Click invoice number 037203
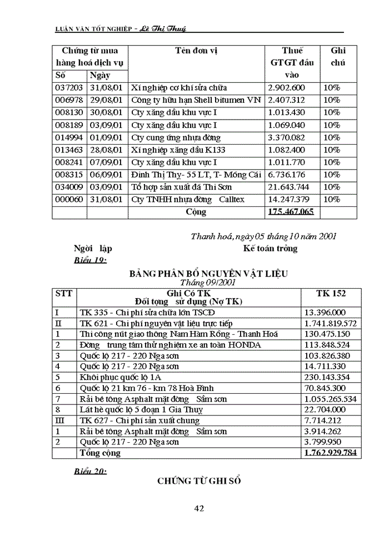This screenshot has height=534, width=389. tap(69, 88)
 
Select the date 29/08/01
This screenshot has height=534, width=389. tap(107, 100)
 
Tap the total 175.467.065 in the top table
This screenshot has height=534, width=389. tap(291, 212)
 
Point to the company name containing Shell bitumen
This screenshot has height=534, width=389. tap(195, 100)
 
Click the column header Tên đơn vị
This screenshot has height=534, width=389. tap(196, 51)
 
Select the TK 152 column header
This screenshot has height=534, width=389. tap(331, 293)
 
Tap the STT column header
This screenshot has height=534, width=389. tap(64, 293)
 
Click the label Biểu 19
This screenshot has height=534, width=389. tap(90, 261)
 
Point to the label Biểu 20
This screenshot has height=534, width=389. tap(90, 471)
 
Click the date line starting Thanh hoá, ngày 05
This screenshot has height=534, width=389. tap(263, 236)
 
